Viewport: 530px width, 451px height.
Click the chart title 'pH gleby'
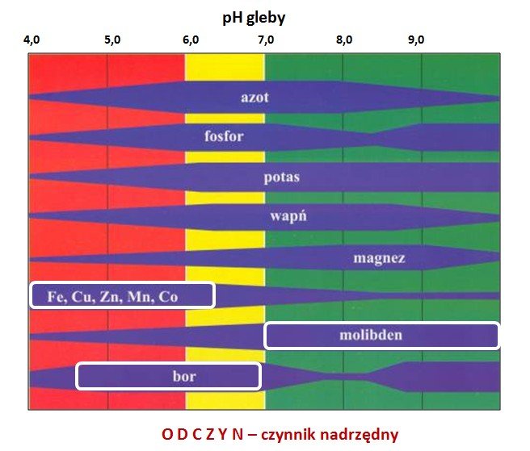(264, 16)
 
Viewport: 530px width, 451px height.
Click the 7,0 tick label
(267, 39)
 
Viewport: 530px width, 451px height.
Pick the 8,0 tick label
(344, 39)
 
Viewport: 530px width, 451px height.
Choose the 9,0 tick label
(417, 39)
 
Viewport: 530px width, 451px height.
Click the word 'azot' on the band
(254, 98)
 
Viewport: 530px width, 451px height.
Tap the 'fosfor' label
(224, 136)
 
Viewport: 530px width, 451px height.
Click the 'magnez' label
(379, 258)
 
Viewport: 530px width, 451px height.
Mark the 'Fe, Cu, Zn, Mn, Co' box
(122, 295)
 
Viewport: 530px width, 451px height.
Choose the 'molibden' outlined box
(382, 335)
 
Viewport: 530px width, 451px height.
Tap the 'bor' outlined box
(168, 376)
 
